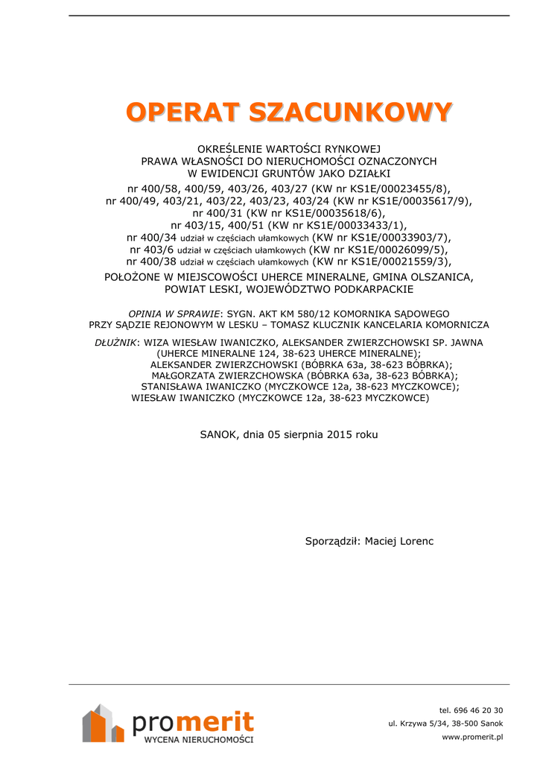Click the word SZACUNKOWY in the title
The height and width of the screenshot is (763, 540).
tap(350, 113)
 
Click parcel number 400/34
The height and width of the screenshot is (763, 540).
tap(152, 237)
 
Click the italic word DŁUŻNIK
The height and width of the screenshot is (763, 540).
tap(115, 342)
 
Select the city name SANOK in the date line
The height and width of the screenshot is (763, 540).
tap(218, 434)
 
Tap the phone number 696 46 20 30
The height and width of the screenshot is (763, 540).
tap(481, 710)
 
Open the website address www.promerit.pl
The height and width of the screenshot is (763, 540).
tap(472, 737)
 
